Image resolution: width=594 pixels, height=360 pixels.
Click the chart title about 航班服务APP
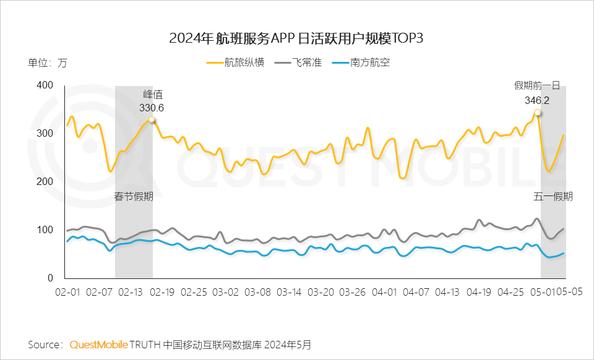(x=296, y=38)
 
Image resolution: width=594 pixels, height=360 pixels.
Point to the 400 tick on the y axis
(x=46, y=85)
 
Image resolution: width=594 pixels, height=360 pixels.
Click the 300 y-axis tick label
(x=46, y=133)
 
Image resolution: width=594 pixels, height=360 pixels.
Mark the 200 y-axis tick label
(x=46, y=181)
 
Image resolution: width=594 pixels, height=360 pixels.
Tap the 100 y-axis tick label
(x=46, y=229)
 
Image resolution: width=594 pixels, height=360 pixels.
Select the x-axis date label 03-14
(x=289, y=291)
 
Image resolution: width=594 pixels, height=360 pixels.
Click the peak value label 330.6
(x=151, y=108)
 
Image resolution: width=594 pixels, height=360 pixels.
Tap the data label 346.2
(x=537, y=100)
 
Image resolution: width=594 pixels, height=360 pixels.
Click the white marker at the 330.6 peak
(x=152, y=120)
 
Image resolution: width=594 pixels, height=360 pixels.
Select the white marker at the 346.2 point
(x=537, y=113)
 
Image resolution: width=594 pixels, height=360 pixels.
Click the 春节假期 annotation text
(x=134, y=197)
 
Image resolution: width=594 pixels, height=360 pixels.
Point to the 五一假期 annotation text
(x=553, y=197)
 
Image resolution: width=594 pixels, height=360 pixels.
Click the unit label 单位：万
(x=47, y=62)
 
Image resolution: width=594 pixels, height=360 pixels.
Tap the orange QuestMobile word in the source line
(x=99, y=344)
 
